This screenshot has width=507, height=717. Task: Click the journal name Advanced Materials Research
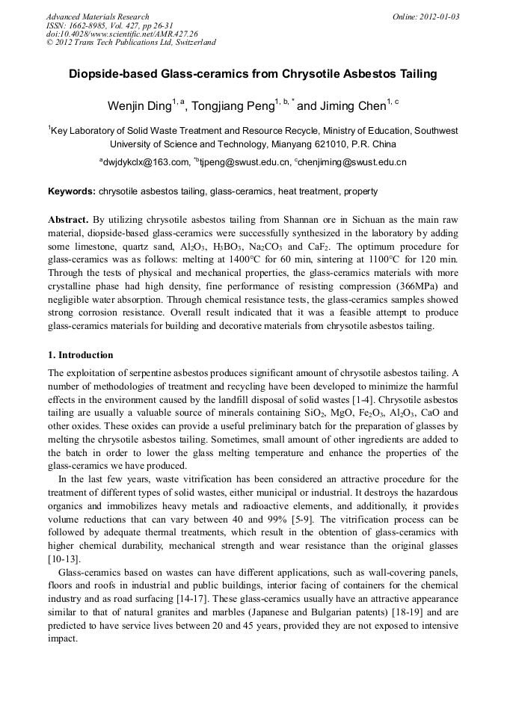coord(97,16)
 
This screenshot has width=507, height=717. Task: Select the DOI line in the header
coord(122,34)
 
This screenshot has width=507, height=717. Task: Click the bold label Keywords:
coord(72,191)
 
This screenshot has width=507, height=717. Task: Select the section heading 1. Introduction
coord(81,355)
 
